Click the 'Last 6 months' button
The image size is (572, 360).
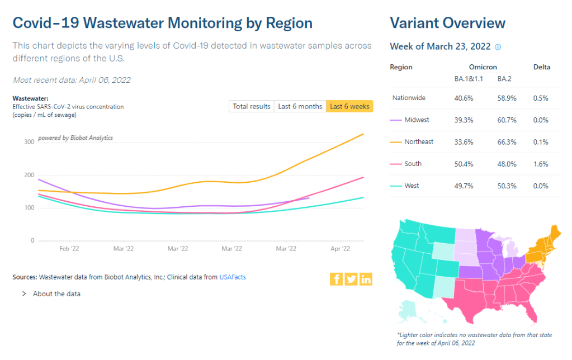click(300, 106)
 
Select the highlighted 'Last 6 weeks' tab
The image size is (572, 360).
click(349, 106)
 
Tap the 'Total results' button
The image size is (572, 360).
click(252, 106)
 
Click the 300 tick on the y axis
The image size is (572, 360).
click(29, 142)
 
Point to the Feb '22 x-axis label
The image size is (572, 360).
click(68, 248)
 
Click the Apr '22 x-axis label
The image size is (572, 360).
click(341, 248)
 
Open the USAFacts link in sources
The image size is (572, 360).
click(233, 277)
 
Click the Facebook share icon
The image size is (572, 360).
click(337, 279)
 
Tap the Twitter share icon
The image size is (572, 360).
click(351, 279)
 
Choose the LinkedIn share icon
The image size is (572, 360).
click(366, 279)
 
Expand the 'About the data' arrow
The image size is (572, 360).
click(24, 293)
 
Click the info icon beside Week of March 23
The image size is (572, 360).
click(498, 47)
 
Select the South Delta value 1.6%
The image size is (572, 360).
click(541, 164)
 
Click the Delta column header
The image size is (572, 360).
click(542, 67)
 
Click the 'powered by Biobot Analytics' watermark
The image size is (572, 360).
click(75, 138)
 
